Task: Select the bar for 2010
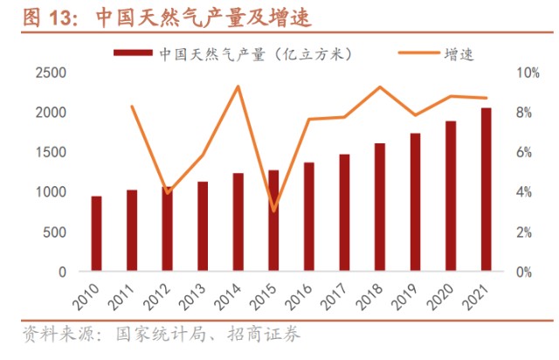click(96, 233)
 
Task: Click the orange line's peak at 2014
click(238, 86)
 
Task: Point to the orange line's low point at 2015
click(273, 211)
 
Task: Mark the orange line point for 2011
click(132, 107)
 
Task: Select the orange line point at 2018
click(379, 87)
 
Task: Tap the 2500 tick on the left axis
click(50, 73)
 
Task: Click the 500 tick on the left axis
click(55, 232)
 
